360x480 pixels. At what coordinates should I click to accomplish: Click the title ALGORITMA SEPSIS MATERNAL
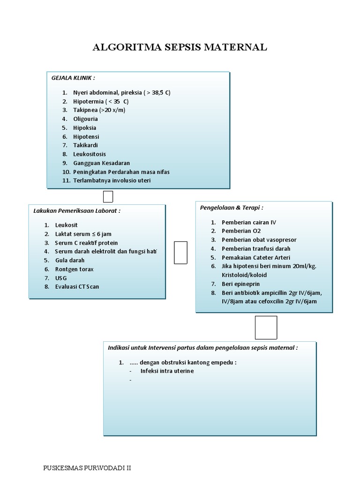[x=180, y=47]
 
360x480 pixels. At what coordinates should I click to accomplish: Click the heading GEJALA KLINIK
[x=73, y=77]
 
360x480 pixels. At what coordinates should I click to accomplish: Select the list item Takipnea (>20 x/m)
[x=99, y=110]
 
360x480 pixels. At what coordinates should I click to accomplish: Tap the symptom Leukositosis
[x=90, y=154]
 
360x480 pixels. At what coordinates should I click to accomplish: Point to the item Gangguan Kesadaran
[x=101, y=163]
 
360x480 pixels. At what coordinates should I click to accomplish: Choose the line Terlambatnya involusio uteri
[x=112, y=180]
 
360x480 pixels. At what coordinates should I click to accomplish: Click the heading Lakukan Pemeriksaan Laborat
[x=77, y=211]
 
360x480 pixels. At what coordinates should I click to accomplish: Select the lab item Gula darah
[x=70, y=260]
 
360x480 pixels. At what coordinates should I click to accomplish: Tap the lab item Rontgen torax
[x=74, y=269]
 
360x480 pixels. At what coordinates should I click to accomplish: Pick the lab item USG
[x=61, y=278]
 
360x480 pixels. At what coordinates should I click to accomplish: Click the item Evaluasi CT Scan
[x=77, y=287]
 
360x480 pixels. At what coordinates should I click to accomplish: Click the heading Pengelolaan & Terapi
[x=232, y=208]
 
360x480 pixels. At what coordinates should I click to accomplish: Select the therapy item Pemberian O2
[x=241, y=231]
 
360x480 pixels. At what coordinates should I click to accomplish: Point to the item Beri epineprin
[x=240, y=284]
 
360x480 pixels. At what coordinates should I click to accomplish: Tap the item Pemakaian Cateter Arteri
[x=256, y=257]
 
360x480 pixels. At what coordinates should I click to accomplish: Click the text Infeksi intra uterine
[x=167, y=371]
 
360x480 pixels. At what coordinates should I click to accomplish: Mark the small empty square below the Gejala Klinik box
[x=108, y=196]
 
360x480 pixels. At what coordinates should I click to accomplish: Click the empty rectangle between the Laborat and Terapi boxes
[x=180, y=253]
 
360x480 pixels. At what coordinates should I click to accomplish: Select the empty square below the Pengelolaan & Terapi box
[x=266, y=327]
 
